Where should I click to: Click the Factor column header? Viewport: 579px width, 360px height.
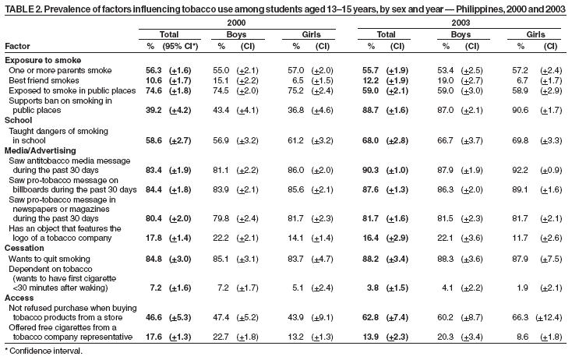[17, 46]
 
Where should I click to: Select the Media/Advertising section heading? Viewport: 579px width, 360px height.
[40, 150]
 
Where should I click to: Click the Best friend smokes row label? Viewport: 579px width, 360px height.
[46, 79]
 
